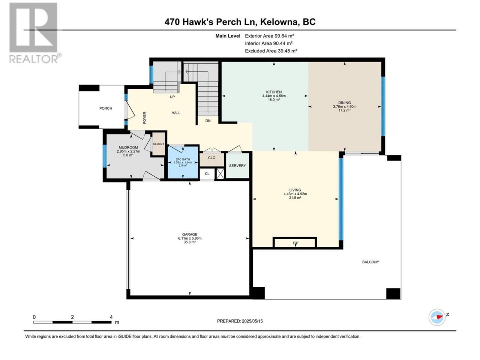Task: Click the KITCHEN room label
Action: [x=274, y=92]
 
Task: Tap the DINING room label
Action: [x=344, y=102]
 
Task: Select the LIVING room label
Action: [x=295, y=190]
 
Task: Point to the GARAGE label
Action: [x=190, y=234]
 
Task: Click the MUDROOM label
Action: [x=128, y=147]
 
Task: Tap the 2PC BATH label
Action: [x=183, y=159]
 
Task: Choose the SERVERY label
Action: [x=237, y=166]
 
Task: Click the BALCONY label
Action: [x=370, y=262]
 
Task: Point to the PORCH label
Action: [x=106, y=108]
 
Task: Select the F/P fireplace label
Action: [x=295, y=243]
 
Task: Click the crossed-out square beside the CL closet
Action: [x=220, y=174]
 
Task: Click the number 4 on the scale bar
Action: [x=111, y=317]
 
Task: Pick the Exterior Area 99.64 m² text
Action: [x=269, y=36]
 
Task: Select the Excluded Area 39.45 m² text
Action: [x=271, y=51]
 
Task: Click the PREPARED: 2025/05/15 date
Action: [x=240, y=321]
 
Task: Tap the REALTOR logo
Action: [x=34, y=33]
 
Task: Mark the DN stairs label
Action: [x=208, y=121]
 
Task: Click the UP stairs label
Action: [x=172, y=97]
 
